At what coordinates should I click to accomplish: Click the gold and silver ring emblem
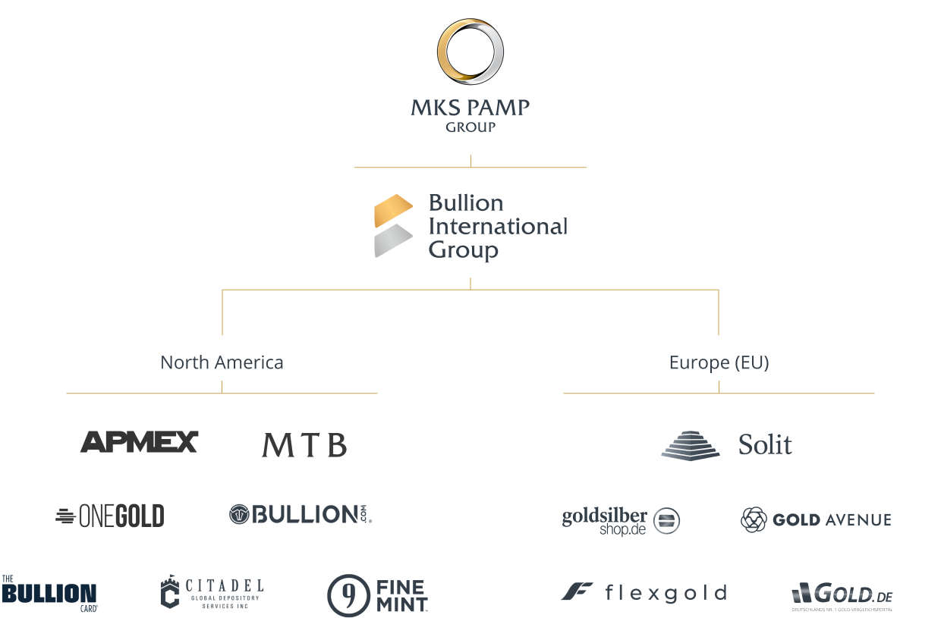click(470, 52)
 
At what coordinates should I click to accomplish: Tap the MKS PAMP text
click(470, 107)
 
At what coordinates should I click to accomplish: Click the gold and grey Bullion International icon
click(393, 226)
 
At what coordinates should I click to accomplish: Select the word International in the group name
click(498, 226)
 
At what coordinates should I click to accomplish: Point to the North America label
click(222, 362)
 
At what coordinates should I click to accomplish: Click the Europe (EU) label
click(719, 362)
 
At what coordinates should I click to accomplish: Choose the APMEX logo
click(139, 442)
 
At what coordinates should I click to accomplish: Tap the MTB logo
click(304, 445)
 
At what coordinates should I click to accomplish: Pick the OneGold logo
click(110, 516)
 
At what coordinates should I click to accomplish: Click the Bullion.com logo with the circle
click(301, 514)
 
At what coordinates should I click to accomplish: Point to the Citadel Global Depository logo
click(212, 592)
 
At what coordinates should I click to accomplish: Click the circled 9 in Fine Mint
click(348, 595)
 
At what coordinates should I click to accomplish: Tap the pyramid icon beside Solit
click(690, 445)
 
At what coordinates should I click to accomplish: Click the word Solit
click(765, 444)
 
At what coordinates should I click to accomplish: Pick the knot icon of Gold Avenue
click(754, 519)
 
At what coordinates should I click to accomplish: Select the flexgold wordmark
click(666, 593)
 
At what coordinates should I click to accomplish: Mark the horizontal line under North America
click(222, 394)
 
